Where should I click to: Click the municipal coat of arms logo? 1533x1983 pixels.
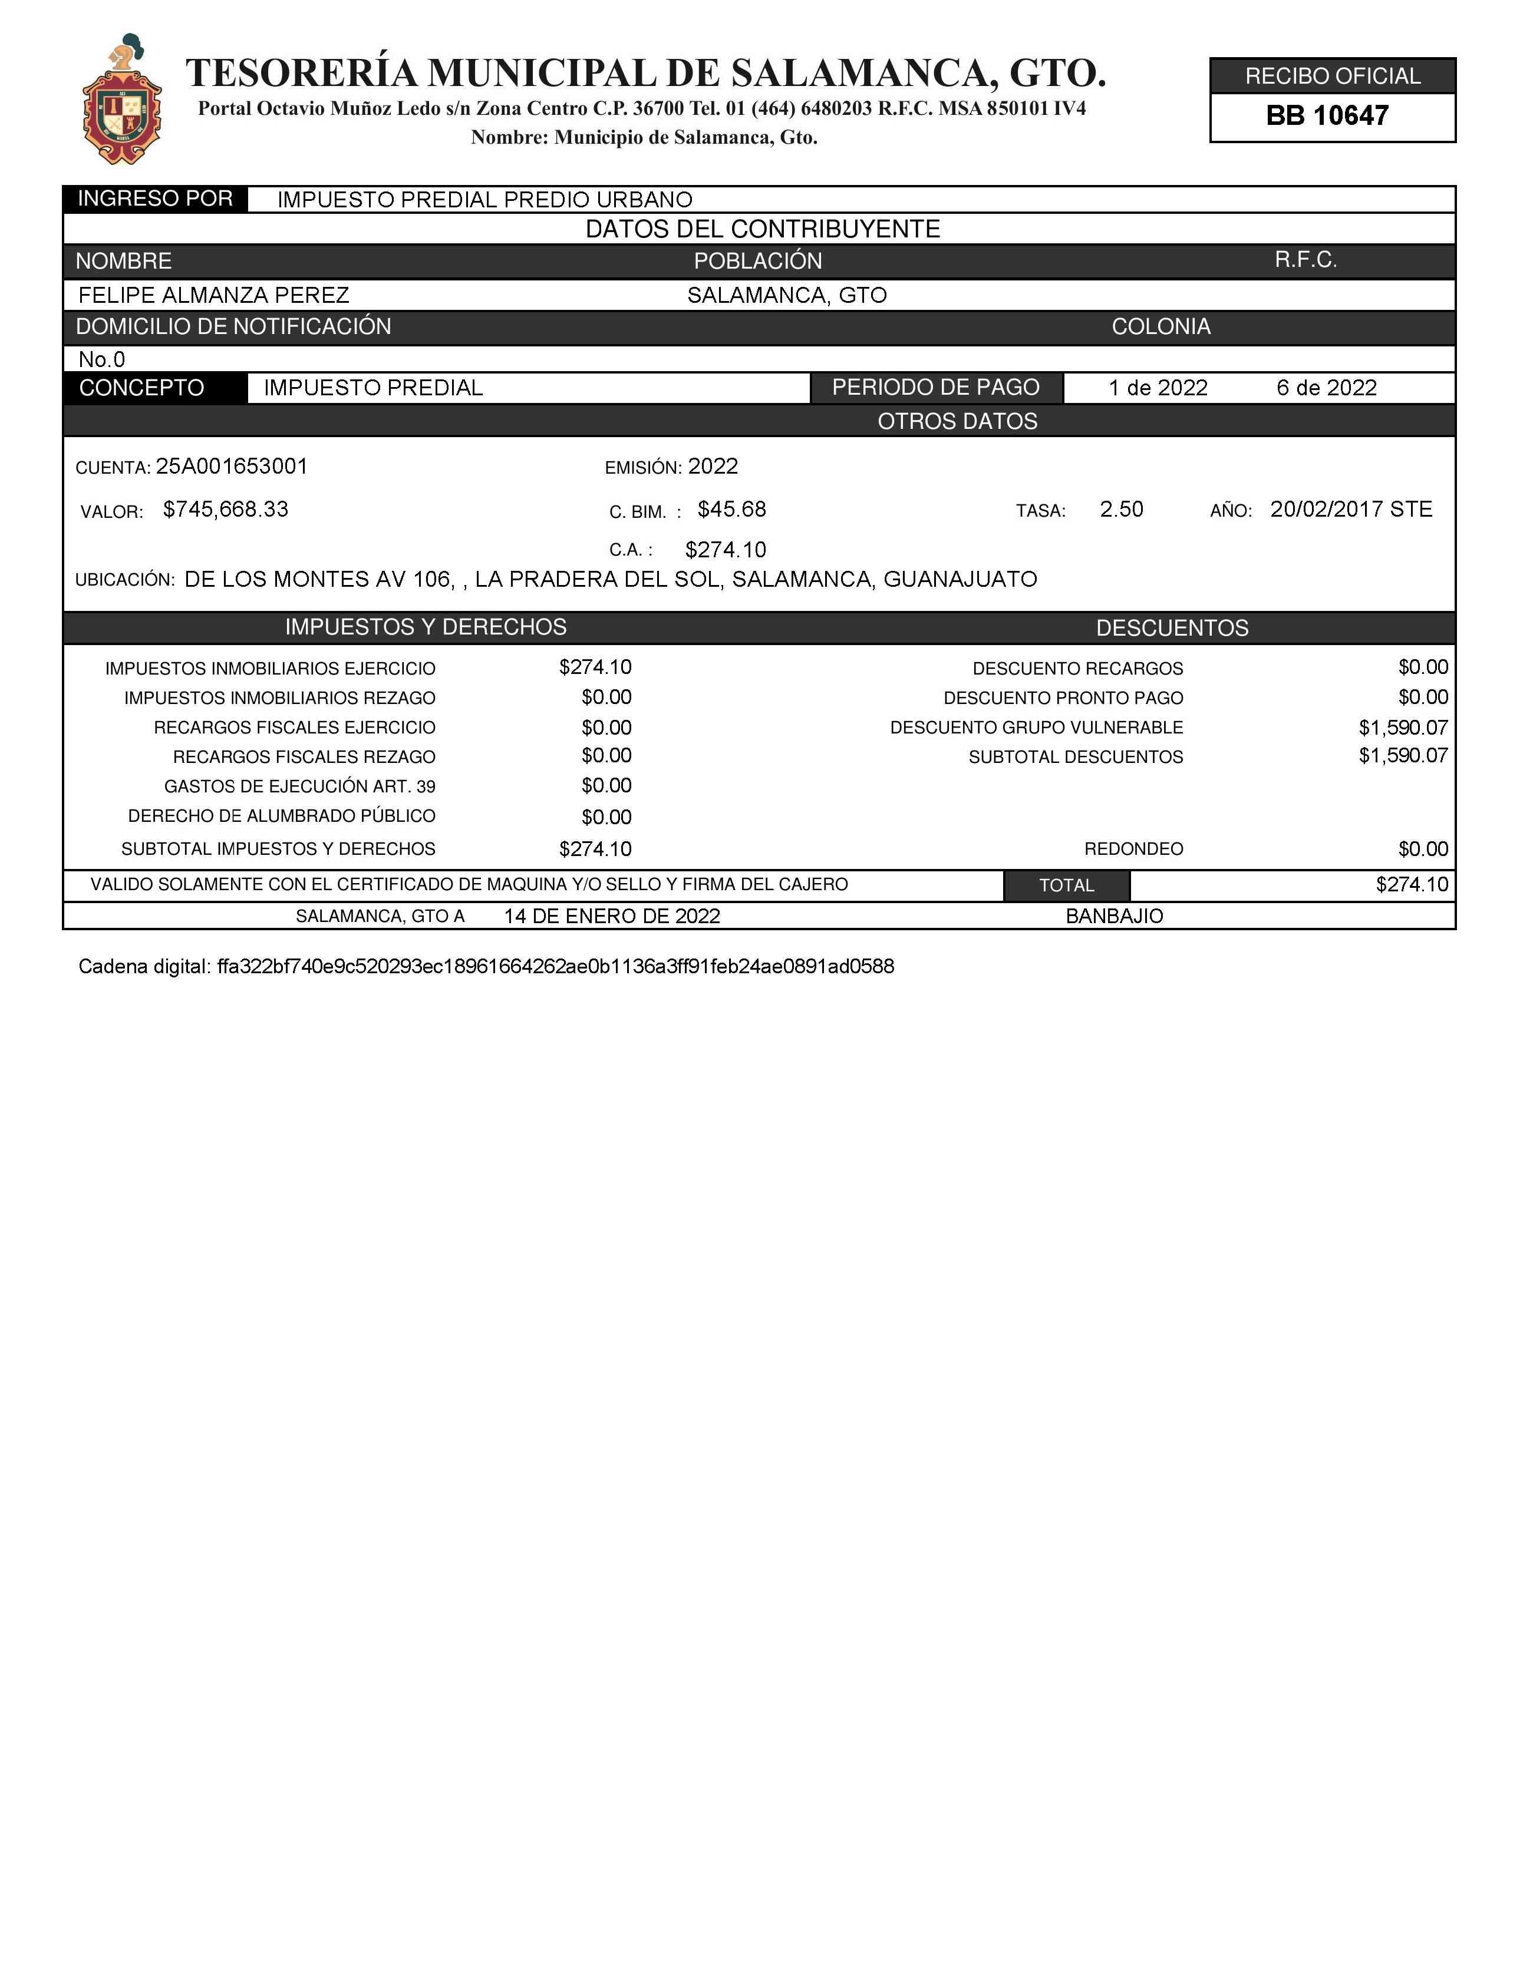point(121,100)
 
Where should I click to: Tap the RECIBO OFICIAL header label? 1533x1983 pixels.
point(1332,76)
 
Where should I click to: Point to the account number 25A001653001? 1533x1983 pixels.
point(232,467)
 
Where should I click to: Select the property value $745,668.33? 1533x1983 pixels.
point(225,510)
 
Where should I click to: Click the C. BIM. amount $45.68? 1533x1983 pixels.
point(731,510)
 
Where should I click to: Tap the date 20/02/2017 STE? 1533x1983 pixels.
point(1350,510)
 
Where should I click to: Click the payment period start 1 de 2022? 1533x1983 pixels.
point(1158,389)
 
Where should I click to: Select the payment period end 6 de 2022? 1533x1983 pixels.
point(1326,389)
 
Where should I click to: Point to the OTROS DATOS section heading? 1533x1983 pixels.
point(957,421)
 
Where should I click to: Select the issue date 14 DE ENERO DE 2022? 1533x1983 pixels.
point(612,916)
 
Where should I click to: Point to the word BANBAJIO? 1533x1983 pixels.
point(1115,916)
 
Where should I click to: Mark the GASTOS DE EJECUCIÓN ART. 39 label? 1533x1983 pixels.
point(299,786)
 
